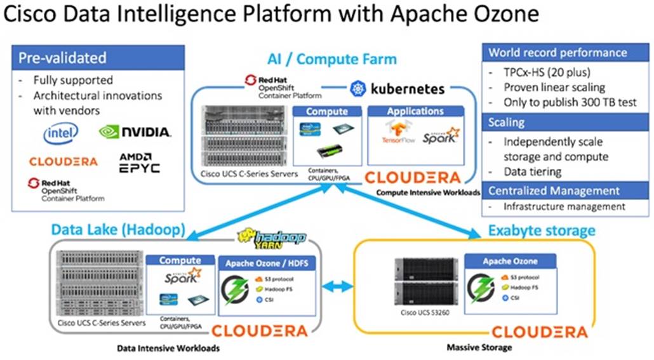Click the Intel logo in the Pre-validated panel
tap(61, 133)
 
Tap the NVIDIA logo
tap(135, 132)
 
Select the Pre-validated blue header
tap(98, 58)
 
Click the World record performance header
tap(566, 53)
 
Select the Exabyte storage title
tap(541, 229)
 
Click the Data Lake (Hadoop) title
tap(117, 229)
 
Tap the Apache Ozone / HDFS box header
tap(261, 261)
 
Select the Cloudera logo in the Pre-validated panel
tap(63, 161)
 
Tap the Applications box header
tap(415, 111)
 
